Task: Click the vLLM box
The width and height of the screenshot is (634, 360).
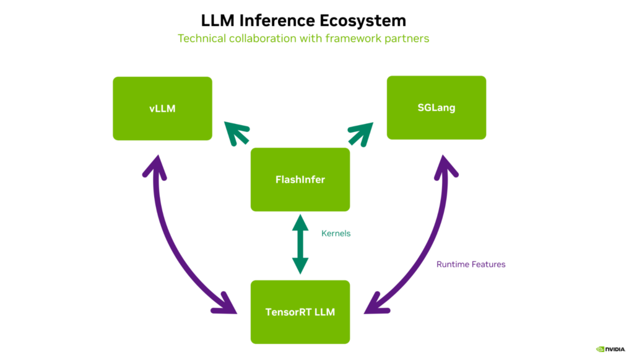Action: [x=162, y=108]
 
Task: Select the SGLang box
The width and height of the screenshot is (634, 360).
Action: [x=436, y=108]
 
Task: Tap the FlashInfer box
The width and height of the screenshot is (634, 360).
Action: [x=300, y=180]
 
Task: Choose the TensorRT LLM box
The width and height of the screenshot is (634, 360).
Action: [x=300, y=312]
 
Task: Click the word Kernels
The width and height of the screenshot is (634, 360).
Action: [x=336, y=234]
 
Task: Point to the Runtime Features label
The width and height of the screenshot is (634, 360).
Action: [x=471, y=265]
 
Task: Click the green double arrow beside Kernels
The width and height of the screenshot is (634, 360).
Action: [x=300, y=244]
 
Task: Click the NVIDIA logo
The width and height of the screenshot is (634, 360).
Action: [x=610, y=349]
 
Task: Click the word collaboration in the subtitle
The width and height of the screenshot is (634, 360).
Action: [x=263, y=38]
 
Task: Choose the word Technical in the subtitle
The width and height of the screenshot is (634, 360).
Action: [x=199, y=38]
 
